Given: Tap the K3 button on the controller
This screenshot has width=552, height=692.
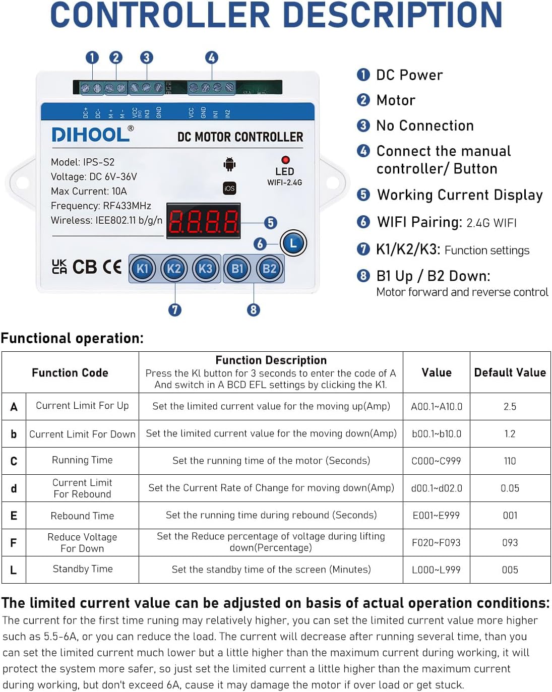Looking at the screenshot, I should pyautogui.click(x=205, y=269).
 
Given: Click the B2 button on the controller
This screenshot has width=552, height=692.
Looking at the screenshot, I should pyautogui.click(x=269, y=269).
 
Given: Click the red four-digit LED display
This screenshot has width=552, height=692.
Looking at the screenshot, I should pyautogui.click(x=203, y=221).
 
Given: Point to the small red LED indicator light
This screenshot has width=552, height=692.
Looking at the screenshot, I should pyautogui.click(x=285, y=160).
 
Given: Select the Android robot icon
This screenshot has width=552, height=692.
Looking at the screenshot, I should pyautogui.click(x=229, y=164).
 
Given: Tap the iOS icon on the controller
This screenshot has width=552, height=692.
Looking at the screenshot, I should pyautogui.click(x=229, y=188).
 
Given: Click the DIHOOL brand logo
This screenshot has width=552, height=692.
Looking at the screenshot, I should pyautogui.click(x=91, y=135).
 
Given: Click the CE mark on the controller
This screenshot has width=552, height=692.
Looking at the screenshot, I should pyautogui.click(x=111, y=267).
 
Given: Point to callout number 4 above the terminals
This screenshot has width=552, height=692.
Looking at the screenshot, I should pyautogui.click(x=212, y=57).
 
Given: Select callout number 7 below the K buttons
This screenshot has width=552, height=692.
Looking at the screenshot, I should pyautogui.click(x=175, y=309).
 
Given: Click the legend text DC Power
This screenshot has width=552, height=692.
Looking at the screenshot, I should pyautogui.click(x=409, y=75).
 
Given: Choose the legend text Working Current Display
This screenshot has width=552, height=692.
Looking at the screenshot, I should pyautogui.click(x=460, y=195).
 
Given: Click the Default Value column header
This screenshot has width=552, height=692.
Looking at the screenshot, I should pyautogui.click(x=510, y=372).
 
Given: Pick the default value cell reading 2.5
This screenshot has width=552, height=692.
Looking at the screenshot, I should pyautogui.click(x=510, y=406).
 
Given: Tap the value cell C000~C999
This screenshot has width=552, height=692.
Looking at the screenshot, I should pyautogui.click(x=436, y=461).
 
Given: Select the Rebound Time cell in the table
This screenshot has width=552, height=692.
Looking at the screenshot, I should pyautogui.click(x=82, y=516).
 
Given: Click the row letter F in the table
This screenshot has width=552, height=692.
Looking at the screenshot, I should pyautogui.click(x=14, y=543).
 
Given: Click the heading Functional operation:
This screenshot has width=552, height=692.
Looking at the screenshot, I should pyautogui.click(x=72, y=338).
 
